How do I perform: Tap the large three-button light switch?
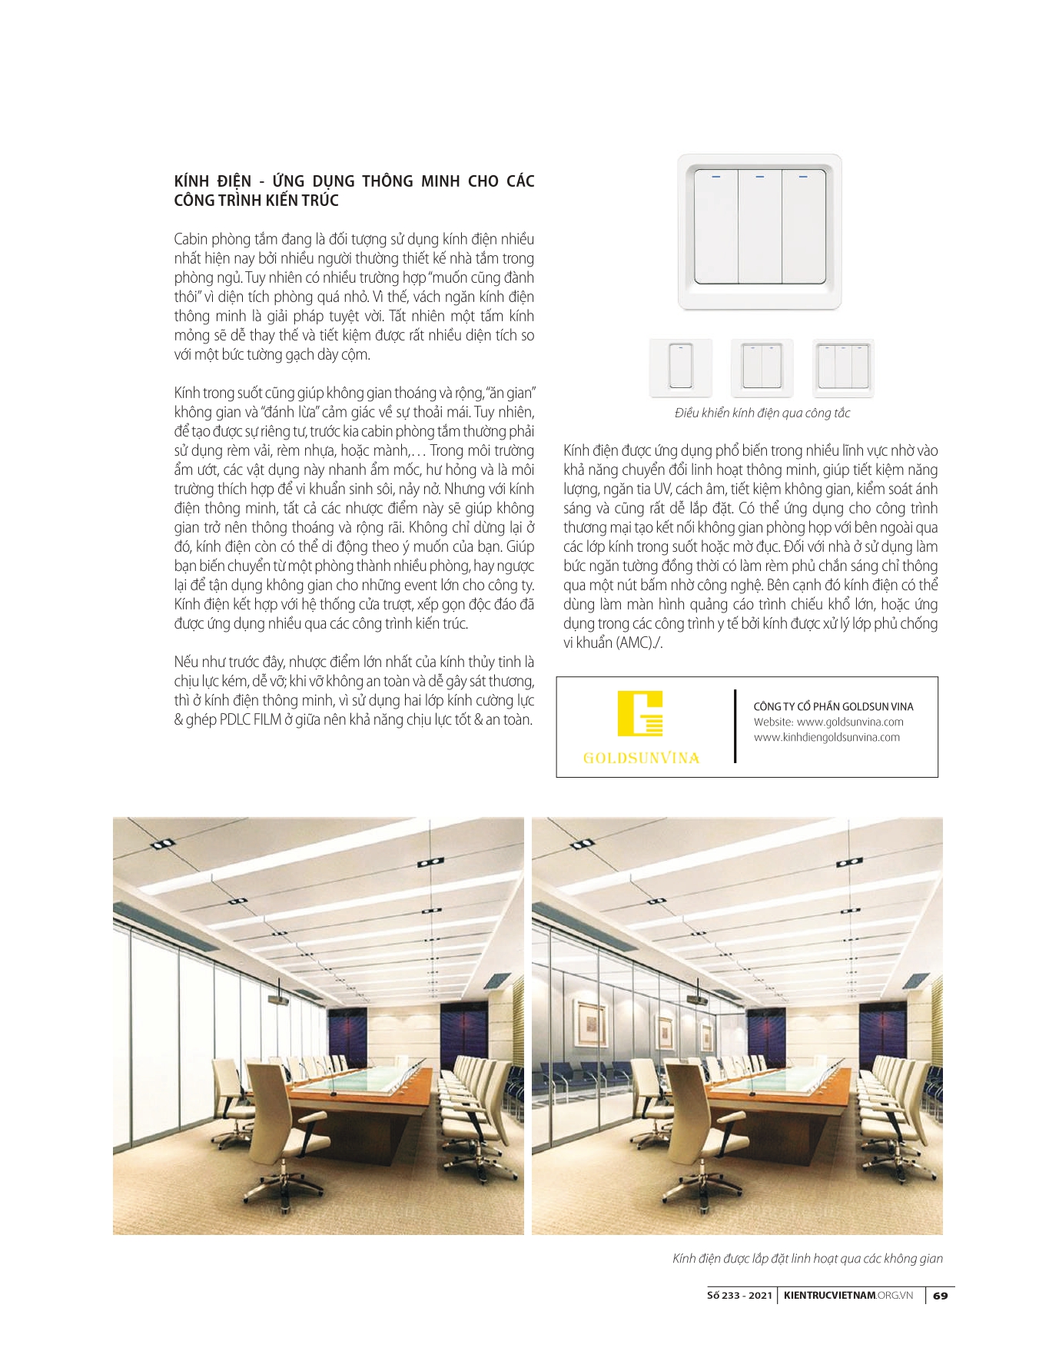pos(759,231)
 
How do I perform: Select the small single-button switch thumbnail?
pos(680,367)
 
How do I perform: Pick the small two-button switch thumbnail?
pos(762,367)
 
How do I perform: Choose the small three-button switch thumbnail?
pos(843,367)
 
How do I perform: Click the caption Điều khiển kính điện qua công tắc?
pos(762,413)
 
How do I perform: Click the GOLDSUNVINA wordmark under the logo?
pos(641,758)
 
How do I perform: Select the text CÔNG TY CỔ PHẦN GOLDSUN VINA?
pos(833,706)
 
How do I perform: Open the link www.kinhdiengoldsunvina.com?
pos(826,738)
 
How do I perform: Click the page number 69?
pos(940,1296)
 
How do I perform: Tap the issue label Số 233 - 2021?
pos(739,1296)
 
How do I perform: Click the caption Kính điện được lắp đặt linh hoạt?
pos(807,1259)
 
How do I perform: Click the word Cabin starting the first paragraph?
pos(190,239)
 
